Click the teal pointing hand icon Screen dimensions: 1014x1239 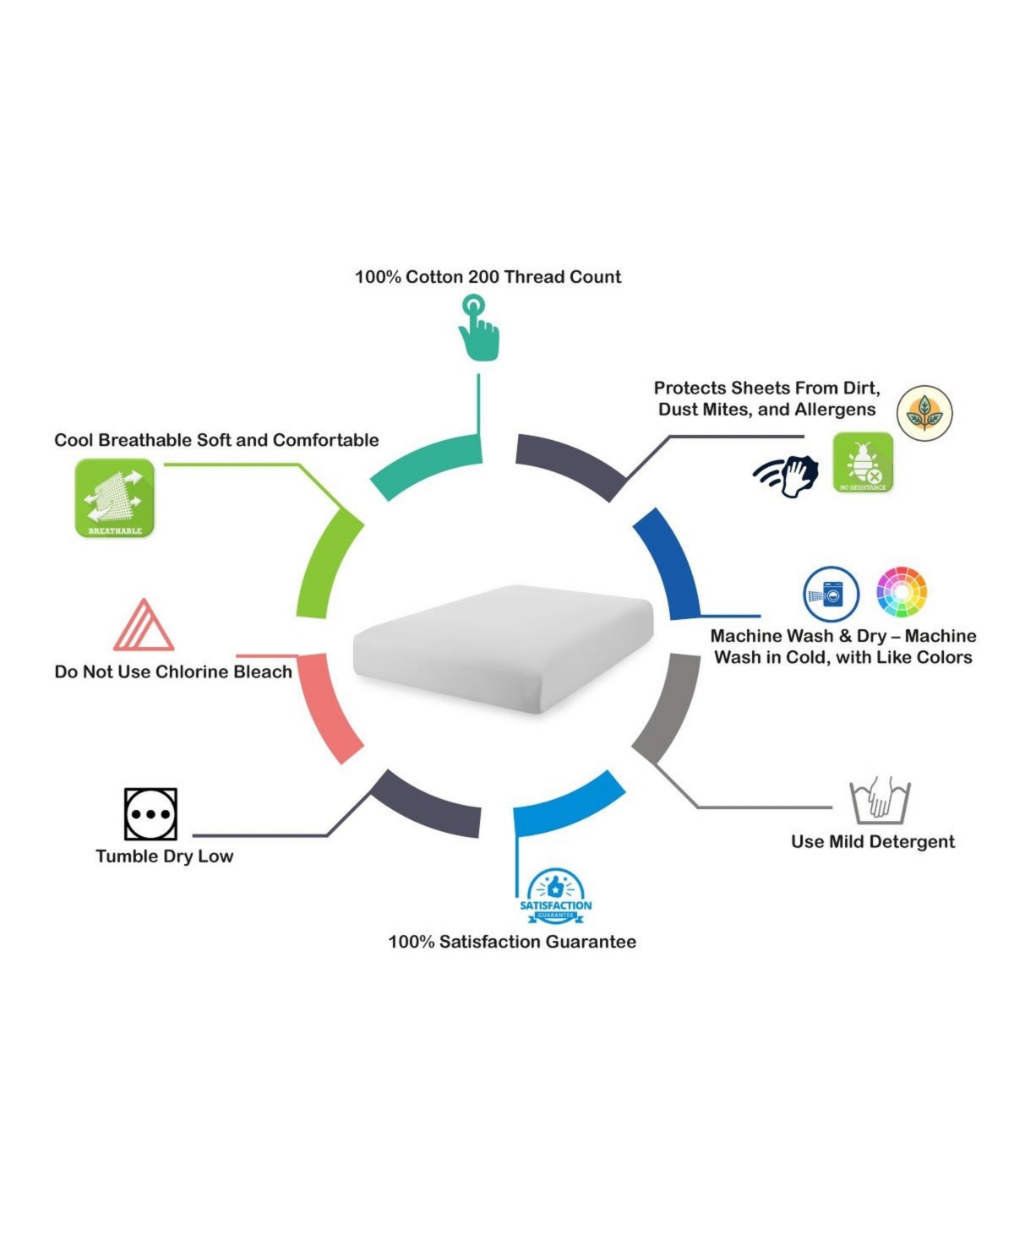click(478, 327)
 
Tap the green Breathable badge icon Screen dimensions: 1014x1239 click(115, 497)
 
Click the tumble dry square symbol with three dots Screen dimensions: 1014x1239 click(150, 813)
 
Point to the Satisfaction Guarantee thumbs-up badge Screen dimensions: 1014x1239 click(555, 896)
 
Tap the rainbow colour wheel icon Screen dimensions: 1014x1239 click(901, 591)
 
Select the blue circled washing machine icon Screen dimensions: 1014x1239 click(831, 594)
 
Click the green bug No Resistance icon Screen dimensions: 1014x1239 click(863, 462)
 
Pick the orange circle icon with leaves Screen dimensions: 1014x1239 click(924, 413)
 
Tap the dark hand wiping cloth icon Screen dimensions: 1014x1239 click(786, 475)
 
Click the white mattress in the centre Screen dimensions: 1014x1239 click(503, 649)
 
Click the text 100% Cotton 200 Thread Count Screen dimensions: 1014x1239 click(488, 277)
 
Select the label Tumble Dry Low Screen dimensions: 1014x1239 click(165, 856)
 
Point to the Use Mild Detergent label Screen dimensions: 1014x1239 click(873, 841)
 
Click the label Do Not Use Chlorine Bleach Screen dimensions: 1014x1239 click(173, 671)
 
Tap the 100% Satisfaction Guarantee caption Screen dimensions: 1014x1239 click(512, 942)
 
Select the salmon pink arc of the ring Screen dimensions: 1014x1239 click(327, 708)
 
